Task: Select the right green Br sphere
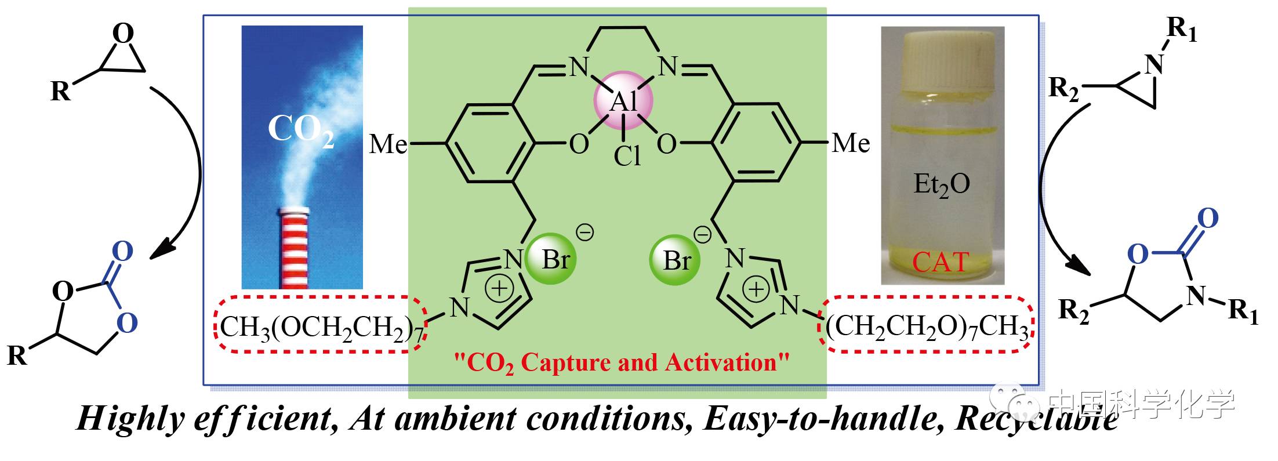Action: tap(674, 260)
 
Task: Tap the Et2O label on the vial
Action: tap(941, 184)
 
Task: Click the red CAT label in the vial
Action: tap(940, 262)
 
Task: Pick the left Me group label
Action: tap(388, 144)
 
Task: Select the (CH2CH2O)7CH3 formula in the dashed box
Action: tap(927, 326)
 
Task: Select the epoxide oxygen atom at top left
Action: tap(122, 34)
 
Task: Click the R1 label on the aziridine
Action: tap(1181, 29)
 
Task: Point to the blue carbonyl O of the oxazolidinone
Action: tap(1207, 219)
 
